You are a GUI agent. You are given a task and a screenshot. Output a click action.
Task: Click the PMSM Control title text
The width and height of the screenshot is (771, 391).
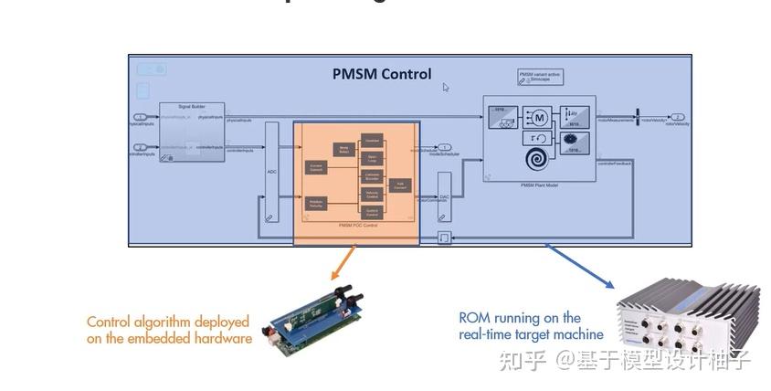[382, 74]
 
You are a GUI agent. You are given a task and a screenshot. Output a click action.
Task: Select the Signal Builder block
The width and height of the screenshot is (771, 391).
[192, 133]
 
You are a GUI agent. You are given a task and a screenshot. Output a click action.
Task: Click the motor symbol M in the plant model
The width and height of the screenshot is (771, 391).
[538, 117]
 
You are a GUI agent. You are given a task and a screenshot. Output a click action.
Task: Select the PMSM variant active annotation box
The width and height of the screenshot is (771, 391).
[541, 78]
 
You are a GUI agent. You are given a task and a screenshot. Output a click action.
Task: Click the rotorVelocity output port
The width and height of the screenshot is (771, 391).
[677, 118]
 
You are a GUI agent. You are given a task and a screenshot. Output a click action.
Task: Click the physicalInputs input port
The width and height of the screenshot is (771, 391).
[140, 118]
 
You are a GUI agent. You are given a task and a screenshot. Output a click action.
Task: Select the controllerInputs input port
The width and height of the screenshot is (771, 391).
[140, 146]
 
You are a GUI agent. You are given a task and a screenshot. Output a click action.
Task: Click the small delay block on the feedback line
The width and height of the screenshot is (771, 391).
[444, 238]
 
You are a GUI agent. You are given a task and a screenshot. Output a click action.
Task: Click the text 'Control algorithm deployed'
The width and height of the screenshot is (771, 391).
[168, 322]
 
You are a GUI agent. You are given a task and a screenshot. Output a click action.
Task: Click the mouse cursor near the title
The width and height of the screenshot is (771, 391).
[446, 88]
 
